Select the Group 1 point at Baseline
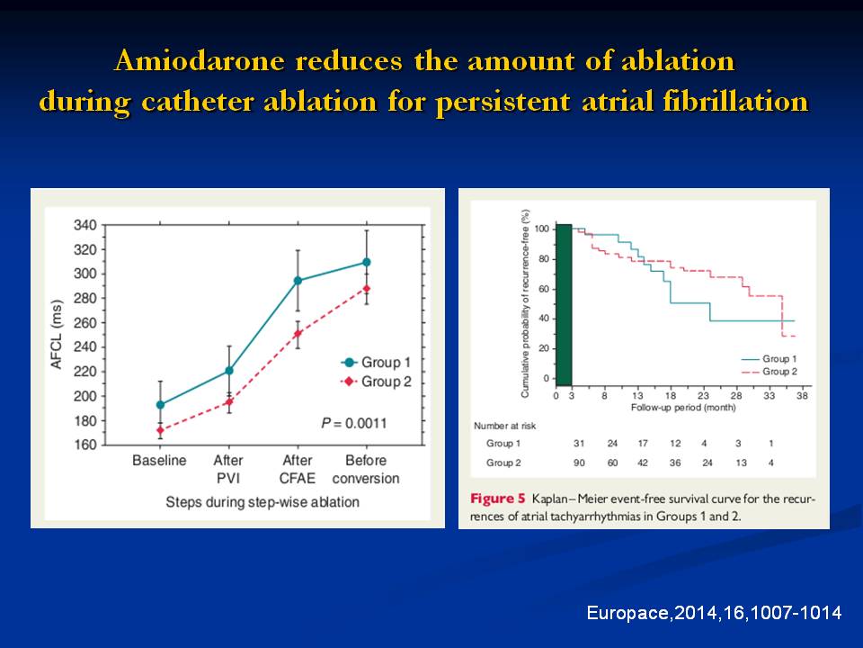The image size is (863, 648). [x=160, y=405]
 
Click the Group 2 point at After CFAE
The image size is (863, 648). [x=298, y=334]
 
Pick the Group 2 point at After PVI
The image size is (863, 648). [x=229, y=401]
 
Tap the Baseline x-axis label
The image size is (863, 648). [x=159, y=461]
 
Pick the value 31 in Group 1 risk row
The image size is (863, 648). [x=578, y=443]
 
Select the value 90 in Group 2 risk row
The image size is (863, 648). [x=578, y=463]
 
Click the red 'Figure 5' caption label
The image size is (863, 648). [x=496, y=498]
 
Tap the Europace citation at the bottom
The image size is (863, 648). [x=714, y=613]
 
